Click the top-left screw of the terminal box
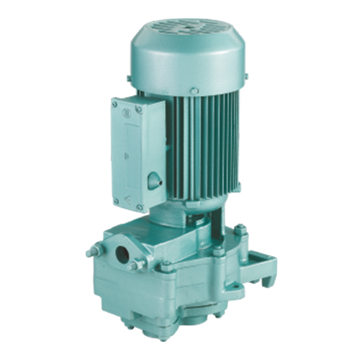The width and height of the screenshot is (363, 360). pos(114,105)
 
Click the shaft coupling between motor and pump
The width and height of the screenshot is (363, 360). pos(194,227)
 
